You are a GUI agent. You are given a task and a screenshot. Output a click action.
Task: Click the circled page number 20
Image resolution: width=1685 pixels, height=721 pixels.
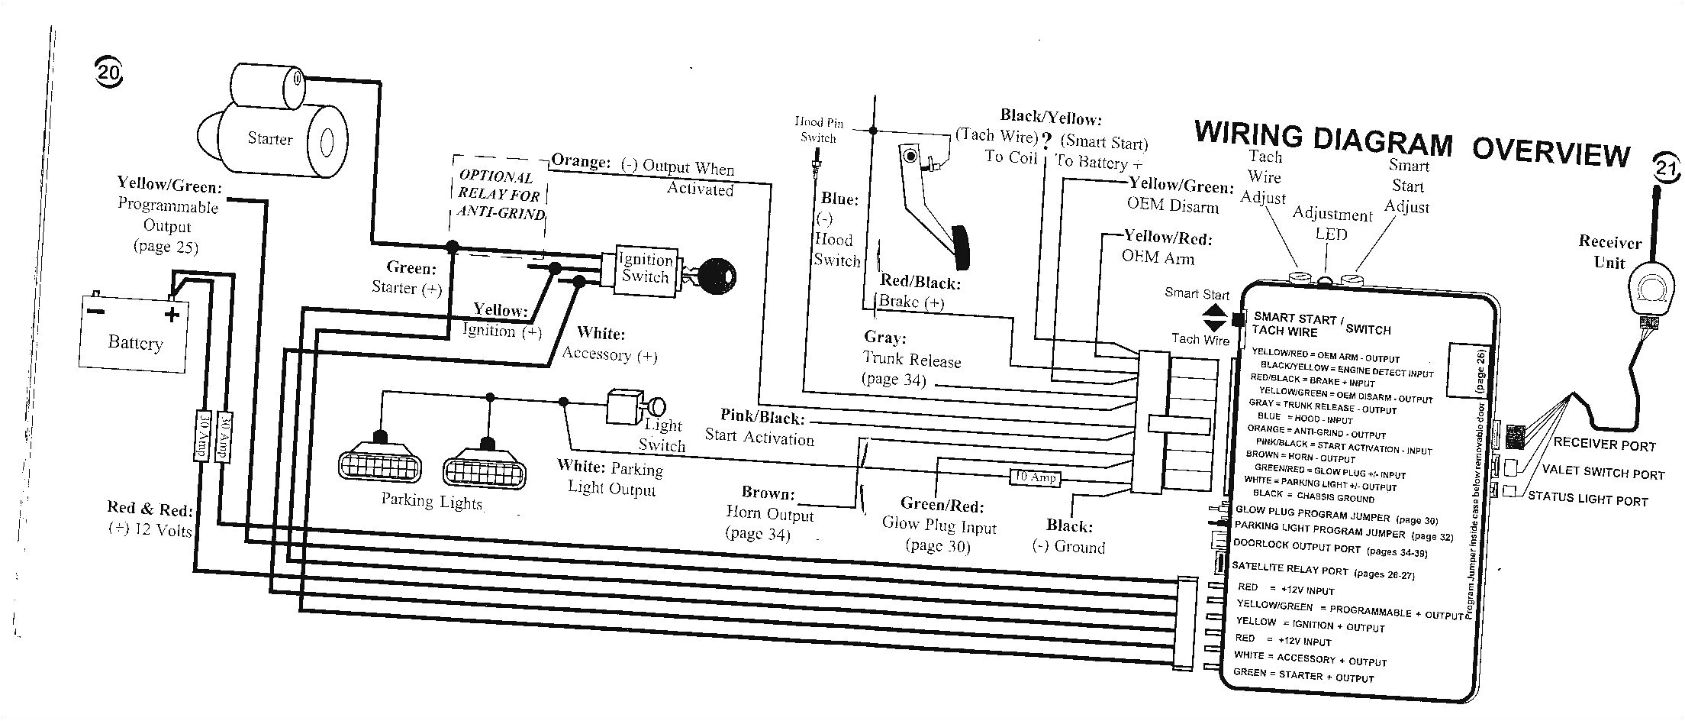click(x=108, y=73)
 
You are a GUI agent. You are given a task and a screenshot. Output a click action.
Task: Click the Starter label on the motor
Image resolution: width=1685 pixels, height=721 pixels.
click(x=269, y=139)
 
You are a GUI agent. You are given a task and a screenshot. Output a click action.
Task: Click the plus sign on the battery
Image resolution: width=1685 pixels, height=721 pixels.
click(x=172, y=313)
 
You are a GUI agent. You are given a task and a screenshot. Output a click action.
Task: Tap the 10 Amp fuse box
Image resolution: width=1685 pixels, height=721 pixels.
click(x=1033, y=477)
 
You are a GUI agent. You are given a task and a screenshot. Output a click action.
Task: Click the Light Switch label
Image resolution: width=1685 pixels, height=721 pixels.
click(x=662, y=435)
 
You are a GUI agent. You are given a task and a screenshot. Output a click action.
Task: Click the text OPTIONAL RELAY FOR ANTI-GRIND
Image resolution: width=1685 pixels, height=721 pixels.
click(x=500, y=195)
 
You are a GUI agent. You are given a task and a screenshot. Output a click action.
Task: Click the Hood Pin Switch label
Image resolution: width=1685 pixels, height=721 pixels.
click(x=818, y=131)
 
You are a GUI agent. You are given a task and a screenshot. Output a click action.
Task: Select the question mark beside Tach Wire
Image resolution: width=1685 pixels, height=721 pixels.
click(x=1046, y=140)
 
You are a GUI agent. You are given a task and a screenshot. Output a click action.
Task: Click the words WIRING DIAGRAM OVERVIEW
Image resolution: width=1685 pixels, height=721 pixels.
click(x=1411, y=145)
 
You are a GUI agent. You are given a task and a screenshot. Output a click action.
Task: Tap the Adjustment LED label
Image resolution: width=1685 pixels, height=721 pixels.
click(x=1332, y=223)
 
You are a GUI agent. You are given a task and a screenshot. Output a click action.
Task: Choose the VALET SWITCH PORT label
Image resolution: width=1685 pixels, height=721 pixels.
click(x=1602, y=474)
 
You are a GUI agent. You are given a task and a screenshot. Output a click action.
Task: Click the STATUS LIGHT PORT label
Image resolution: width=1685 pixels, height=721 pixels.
click(x=1587, y=499)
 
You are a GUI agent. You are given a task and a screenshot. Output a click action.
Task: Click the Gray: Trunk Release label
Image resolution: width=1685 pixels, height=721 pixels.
click(x=910, y=358)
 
